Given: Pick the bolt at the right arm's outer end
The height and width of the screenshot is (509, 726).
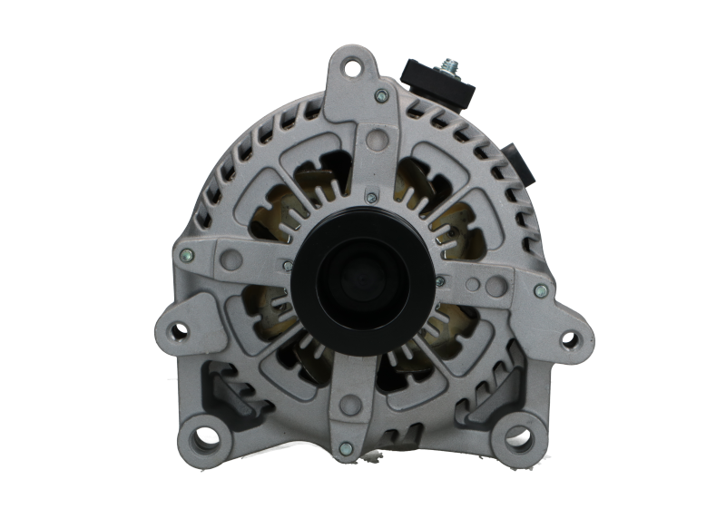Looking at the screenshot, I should coord(540,290).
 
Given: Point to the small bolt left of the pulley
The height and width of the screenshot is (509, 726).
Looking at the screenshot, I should coord(288,265).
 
